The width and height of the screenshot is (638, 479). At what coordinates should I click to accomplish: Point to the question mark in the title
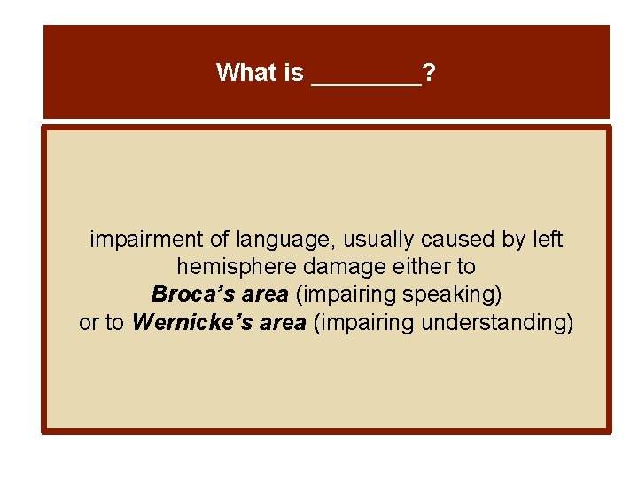pos(429,73)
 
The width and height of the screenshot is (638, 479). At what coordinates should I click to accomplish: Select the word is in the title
pos(294,73)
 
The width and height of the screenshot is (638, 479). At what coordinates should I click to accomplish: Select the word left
pos(546,239)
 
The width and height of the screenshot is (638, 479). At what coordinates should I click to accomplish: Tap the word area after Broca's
pos(263,294)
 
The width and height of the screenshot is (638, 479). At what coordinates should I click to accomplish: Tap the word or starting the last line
pos(89,323)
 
